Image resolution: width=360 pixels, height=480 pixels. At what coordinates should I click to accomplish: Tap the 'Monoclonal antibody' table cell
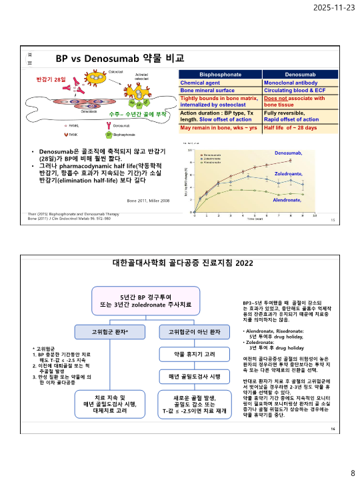[291, 82]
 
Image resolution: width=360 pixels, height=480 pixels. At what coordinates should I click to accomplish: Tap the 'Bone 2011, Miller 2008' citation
[148, 200]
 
